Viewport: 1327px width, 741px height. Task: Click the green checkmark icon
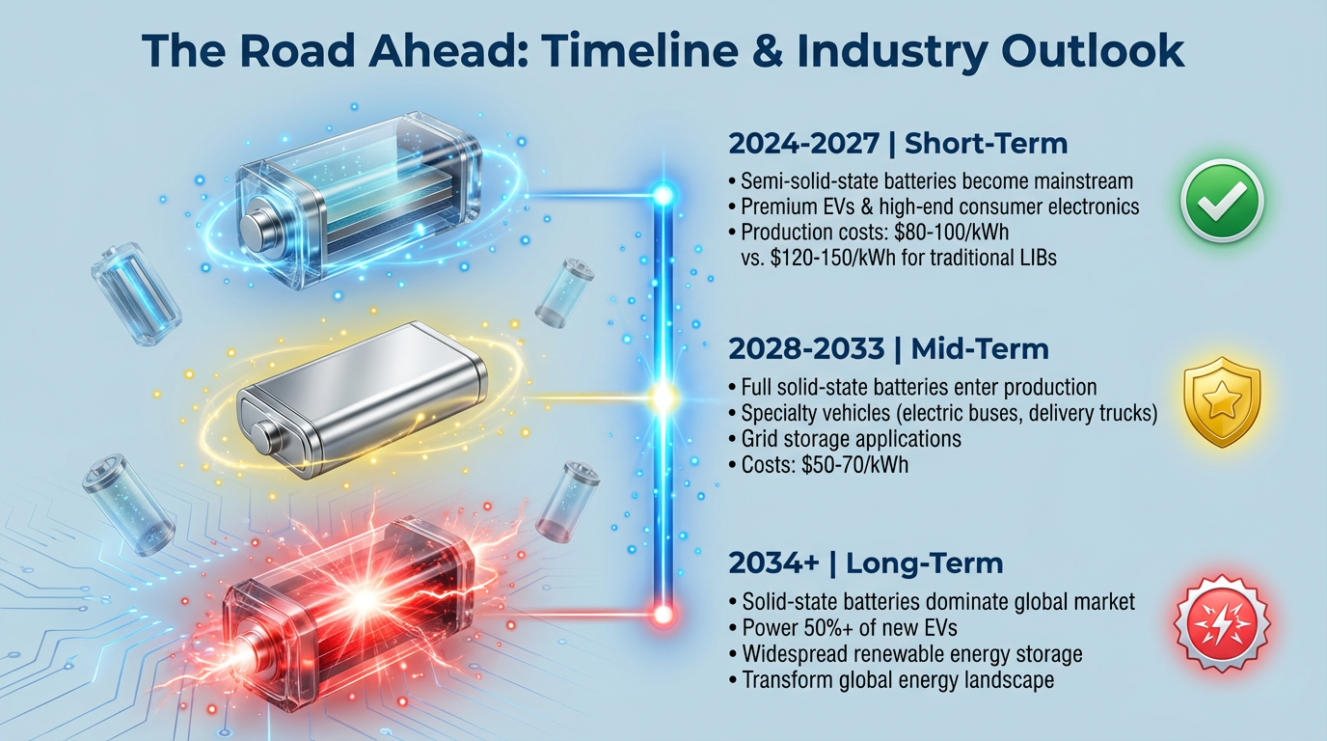tap(1222, 201)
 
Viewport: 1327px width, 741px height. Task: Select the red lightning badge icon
tap(1222, 618)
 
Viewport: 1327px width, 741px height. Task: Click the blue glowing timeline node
tap(663, 196)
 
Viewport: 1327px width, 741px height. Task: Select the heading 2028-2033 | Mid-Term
tap(888, 348)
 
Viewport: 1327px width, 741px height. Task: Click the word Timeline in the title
tap(617, 51)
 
